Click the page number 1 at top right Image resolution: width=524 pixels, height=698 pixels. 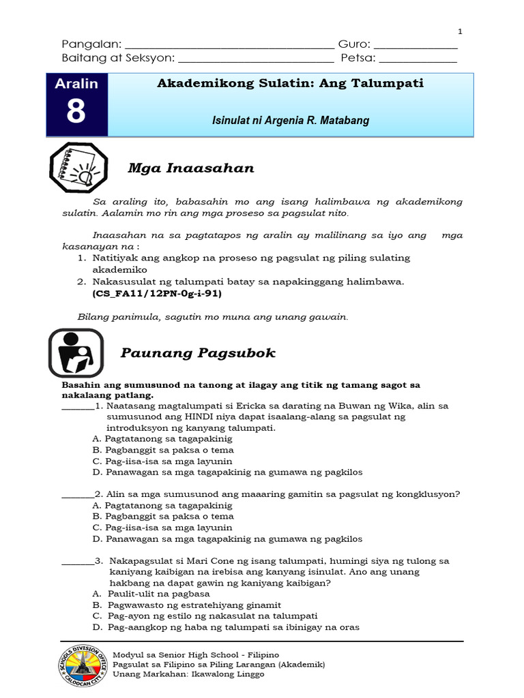pos(460,31)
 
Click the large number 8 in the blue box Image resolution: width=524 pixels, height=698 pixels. pos(76,112)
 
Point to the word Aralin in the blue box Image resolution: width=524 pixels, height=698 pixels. pos(76,83)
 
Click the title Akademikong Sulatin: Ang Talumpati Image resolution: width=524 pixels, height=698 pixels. pos(291,83)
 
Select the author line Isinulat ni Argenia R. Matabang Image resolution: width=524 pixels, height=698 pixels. pos(291,121)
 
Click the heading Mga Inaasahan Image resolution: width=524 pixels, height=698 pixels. pos(191,168)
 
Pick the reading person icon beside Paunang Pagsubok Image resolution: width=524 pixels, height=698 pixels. pos(76,353)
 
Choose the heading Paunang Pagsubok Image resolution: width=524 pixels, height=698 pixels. pos(198,352)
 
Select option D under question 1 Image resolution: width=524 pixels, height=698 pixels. pos(227,472)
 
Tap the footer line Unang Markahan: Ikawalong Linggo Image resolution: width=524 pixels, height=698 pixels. pos(188,674)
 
